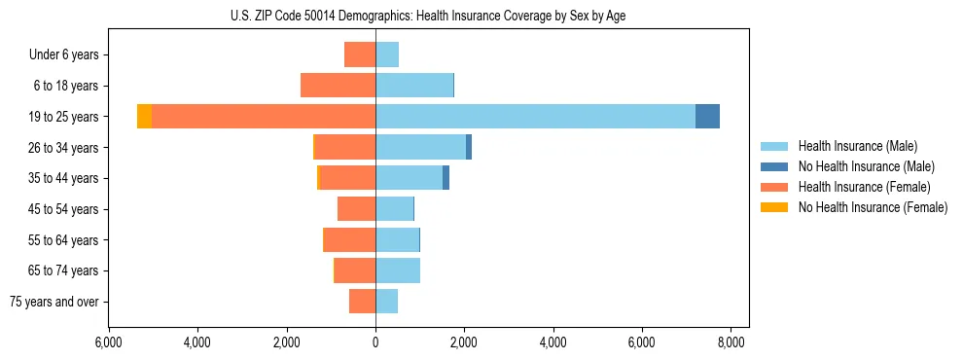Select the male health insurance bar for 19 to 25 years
coord(535,117)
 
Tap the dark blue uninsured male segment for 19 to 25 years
coord(707,117)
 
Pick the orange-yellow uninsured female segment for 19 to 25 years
coord(144,117)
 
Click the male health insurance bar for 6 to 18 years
coord(414,86)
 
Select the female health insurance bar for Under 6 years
coord(360,54)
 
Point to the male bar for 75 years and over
coord(386,302)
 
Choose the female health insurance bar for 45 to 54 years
coord(356,209)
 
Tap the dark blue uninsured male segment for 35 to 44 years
coord(446,178)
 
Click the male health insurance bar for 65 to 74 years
coord(398,270)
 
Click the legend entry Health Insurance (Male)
coord(857,146)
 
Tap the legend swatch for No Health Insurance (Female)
coord(774,207)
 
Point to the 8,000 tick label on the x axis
coord(731,342)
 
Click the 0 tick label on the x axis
coord(375,342)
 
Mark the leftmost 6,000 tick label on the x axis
coord(108,342)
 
